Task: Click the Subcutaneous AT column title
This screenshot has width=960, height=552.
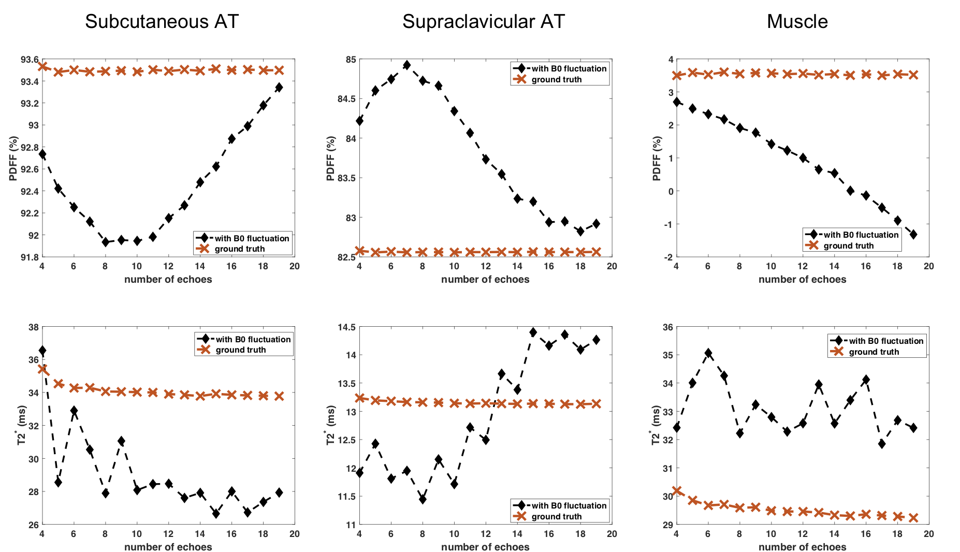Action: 162,22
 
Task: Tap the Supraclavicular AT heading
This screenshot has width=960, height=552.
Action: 483,22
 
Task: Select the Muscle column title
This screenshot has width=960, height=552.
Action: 797,22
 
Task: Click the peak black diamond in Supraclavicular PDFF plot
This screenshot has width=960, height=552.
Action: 406,65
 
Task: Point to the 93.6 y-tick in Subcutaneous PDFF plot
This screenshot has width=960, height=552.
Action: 29,60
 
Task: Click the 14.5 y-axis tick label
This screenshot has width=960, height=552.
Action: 346,327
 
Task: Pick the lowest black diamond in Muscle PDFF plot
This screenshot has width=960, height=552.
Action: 913,235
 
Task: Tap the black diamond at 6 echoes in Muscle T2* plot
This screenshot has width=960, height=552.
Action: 708,354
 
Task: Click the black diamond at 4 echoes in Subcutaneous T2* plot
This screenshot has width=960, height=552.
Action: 42,351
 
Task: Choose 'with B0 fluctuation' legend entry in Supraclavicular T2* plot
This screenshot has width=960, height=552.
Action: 569,505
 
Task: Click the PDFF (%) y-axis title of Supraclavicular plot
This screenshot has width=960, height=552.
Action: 331,158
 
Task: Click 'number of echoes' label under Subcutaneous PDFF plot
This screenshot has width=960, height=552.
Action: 168,280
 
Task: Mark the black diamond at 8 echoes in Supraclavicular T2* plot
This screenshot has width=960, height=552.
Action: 423,499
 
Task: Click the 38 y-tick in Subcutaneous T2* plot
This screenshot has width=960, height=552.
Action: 33,327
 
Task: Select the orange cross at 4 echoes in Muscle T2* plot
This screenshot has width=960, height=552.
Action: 677,490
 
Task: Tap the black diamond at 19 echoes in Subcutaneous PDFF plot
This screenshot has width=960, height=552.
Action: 279,88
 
